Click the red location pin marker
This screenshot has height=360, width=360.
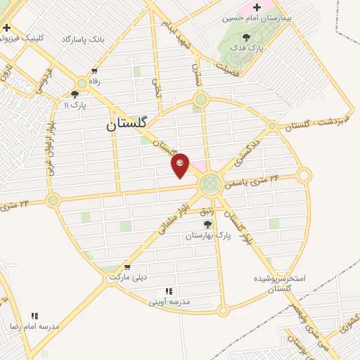point(181,165)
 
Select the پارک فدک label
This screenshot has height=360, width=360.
point(245,48)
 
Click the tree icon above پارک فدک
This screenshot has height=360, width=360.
point(245,37)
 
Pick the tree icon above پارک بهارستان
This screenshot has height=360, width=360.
point(207,224)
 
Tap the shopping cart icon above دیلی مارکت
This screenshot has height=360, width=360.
point(127,266)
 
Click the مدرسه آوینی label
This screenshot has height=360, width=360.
point(169,302)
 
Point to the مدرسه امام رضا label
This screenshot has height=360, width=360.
point(34,326)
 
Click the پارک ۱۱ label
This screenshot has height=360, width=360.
point(75,105)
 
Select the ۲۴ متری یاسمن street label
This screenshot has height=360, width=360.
point(251,181)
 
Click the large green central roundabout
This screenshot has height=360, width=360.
point(209,185)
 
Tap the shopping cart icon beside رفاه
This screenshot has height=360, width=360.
point(94,72)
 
